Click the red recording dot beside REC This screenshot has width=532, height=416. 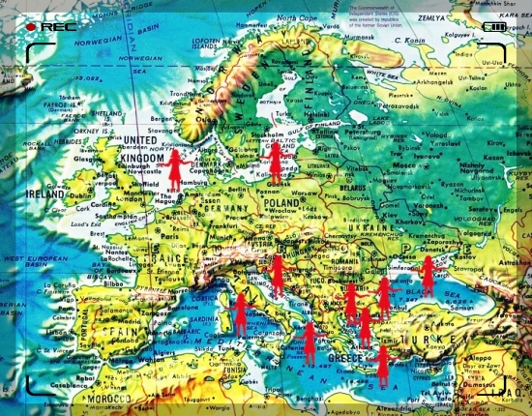30,27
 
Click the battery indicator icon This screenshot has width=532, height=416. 494,27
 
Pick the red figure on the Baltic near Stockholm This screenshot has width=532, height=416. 276,160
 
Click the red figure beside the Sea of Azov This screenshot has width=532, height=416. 428,276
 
